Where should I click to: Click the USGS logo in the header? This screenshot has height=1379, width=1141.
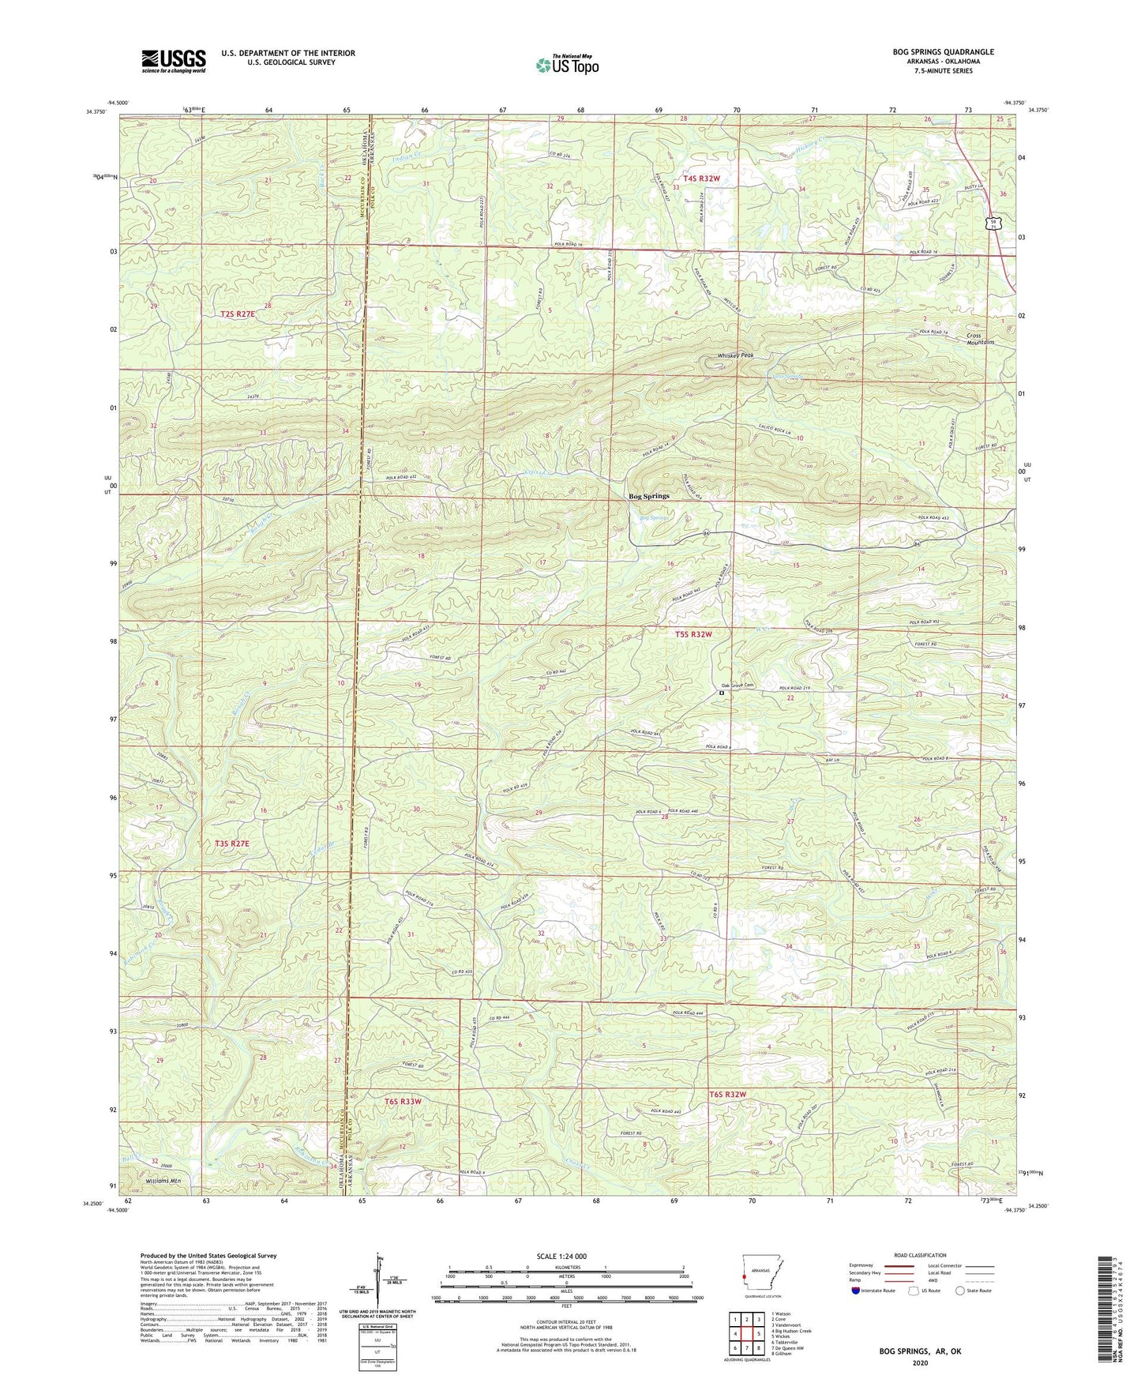[174, 61]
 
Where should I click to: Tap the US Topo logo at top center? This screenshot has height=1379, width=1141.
[566, 65]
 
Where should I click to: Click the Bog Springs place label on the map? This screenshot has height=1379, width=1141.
[648, 496]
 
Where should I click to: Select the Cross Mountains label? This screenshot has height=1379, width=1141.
[980, 339]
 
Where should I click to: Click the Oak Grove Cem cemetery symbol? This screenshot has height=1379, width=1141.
[721, 693]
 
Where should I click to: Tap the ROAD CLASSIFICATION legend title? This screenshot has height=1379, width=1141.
[920, 1255]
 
